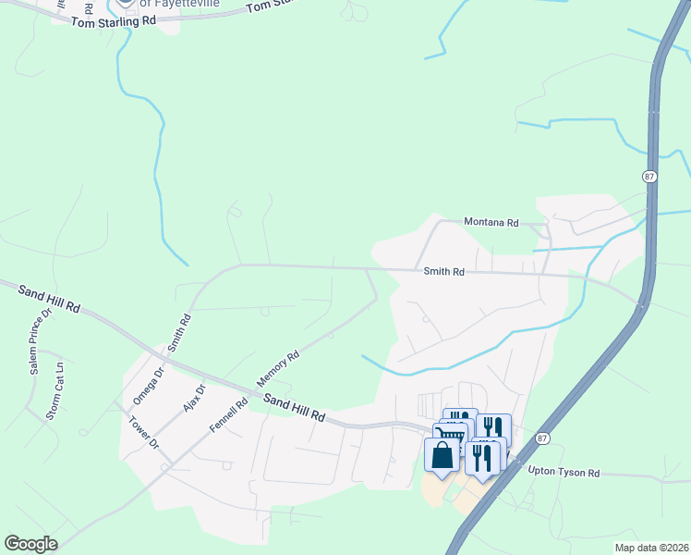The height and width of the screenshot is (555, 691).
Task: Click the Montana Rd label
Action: tap(491, 223)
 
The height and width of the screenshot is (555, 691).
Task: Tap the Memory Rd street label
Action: tap(278, 368)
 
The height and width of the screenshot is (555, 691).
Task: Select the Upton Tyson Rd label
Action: tap(564, 473)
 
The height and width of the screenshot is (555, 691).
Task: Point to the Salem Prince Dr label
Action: tap(39, 348)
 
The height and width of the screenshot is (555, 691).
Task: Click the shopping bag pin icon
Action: tap(442, 455)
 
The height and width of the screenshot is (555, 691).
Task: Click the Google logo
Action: tap(30, 544)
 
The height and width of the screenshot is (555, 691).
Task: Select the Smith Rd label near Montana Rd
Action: tap(443, 272)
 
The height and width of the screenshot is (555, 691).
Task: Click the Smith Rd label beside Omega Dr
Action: tap(179, 332)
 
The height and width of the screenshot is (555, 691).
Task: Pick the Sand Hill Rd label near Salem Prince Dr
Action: tap(49, 298)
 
